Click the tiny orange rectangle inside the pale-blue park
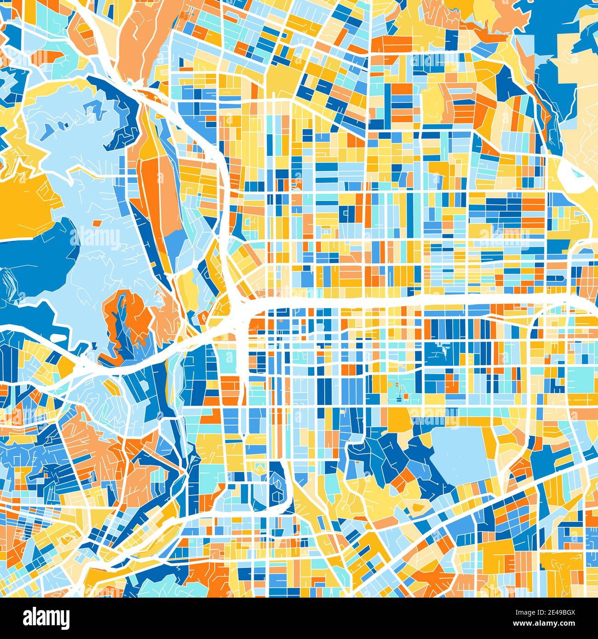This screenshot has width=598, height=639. pos(96,223)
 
